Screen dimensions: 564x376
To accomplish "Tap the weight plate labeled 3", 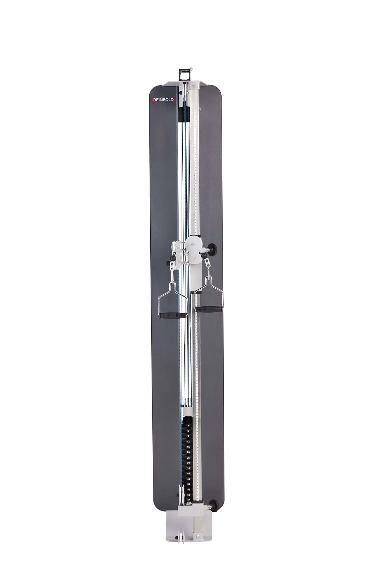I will click(188, 425).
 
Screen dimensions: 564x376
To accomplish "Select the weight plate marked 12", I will click(188, 441).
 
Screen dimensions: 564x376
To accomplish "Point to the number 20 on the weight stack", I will click(188, 452).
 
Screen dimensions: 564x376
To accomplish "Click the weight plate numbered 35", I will click(188, 468).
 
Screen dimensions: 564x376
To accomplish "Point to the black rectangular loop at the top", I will click(184, 75).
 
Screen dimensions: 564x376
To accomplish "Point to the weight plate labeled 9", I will click(188, 436).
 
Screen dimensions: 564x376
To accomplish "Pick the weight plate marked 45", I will click(188, 479).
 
